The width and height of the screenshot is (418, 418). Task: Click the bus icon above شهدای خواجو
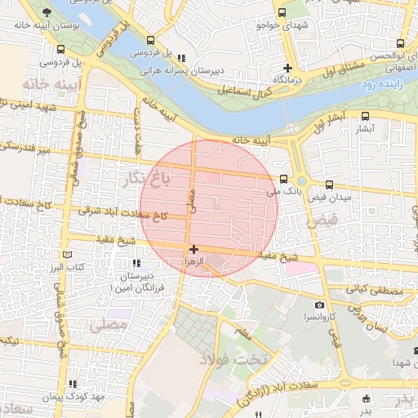[x=282, y=13]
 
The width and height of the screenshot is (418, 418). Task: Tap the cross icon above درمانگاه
[x=287, y=68]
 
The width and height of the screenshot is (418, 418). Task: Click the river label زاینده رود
[x=387, y=83]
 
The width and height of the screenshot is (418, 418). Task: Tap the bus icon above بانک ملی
[x=283, y=180]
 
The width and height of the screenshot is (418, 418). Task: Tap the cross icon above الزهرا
[x=193, y=249]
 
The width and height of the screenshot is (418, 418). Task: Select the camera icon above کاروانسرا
[x=318, y=304]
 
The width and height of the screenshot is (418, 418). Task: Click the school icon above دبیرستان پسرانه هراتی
[x=181, y=58]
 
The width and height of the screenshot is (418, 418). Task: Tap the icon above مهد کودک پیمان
[x=73, y=384]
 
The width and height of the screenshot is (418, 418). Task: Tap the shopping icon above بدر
[x=366, y=399]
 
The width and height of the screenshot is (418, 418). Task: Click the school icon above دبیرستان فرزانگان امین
[x=136, y=263]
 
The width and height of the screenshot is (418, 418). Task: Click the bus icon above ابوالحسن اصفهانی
[x=399, y=44]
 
